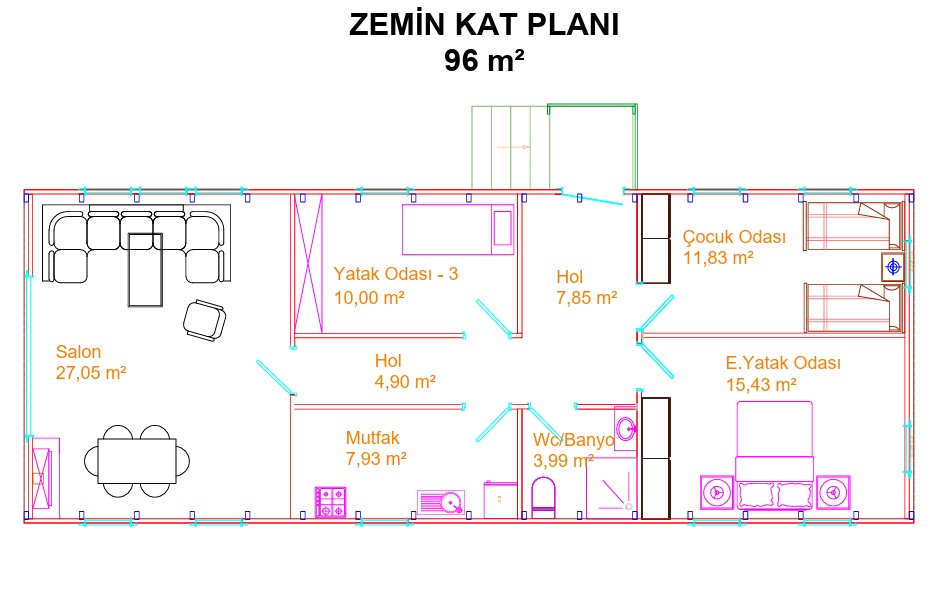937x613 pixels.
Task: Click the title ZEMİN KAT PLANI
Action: [x=484, y=25]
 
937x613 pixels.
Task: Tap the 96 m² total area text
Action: [x=484, y=60]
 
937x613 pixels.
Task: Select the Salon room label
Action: [x=78, y=351]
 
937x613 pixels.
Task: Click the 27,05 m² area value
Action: [x=91, y=373]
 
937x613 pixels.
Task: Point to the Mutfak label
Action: [x=372, y=437]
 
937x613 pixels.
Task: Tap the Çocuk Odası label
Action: [x=734, y=237]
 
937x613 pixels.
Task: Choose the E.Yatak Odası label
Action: [x=783, y=363]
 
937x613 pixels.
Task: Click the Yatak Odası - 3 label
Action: [x=396, y=274]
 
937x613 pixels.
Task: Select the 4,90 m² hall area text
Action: [x=405, y=382]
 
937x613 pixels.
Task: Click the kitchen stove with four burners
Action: [x=330, y=502]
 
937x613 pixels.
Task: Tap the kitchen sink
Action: [x=441, y=502]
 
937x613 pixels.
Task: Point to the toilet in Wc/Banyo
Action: [x=543, y=497]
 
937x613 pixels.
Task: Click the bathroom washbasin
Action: [x=625, y=428]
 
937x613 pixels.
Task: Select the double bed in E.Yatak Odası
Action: [x=774, y=455]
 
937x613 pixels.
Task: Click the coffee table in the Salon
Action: [x=145, y=270]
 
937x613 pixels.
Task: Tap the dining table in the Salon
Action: [x=137, y=461]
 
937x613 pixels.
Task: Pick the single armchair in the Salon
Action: [x=204, y=320]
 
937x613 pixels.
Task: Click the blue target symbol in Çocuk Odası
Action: [x=893, y=266]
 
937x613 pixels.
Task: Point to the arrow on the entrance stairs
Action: [x=513, y=147]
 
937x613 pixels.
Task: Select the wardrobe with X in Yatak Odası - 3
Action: [x=308, y=263]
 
